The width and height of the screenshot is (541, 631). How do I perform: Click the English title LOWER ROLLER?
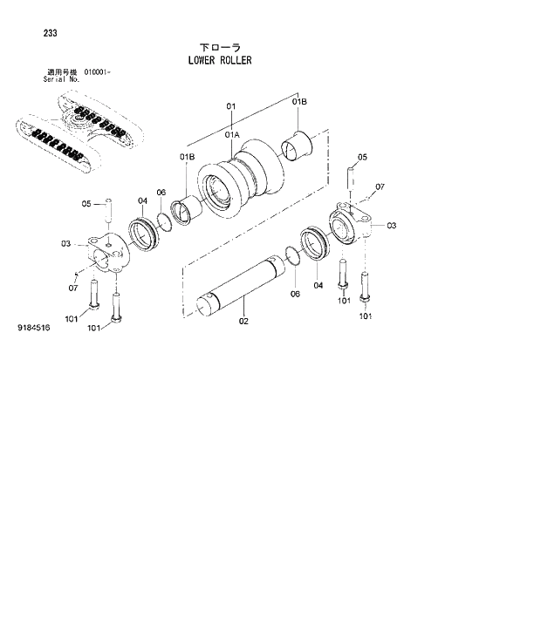(x=219, y=61)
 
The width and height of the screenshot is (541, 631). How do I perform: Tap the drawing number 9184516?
(x=33, y=329)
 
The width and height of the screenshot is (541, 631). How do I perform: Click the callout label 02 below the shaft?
(x=243, y=322)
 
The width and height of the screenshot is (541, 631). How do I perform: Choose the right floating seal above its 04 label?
(x=315, y=243)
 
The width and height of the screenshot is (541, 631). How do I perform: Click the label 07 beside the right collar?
(x=380, y=187)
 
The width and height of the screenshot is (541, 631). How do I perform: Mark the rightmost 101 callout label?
(x=366, y=315)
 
